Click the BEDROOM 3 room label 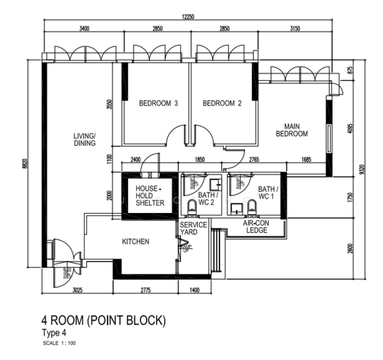[x=159, y=103]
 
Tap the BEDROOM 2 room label [x=222, y=103]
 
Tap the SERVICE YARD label [x=194, y=229]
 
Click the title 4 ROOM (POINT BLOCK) [x=102, y=321]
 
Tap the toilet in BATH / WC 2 [x=192, y=208]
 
